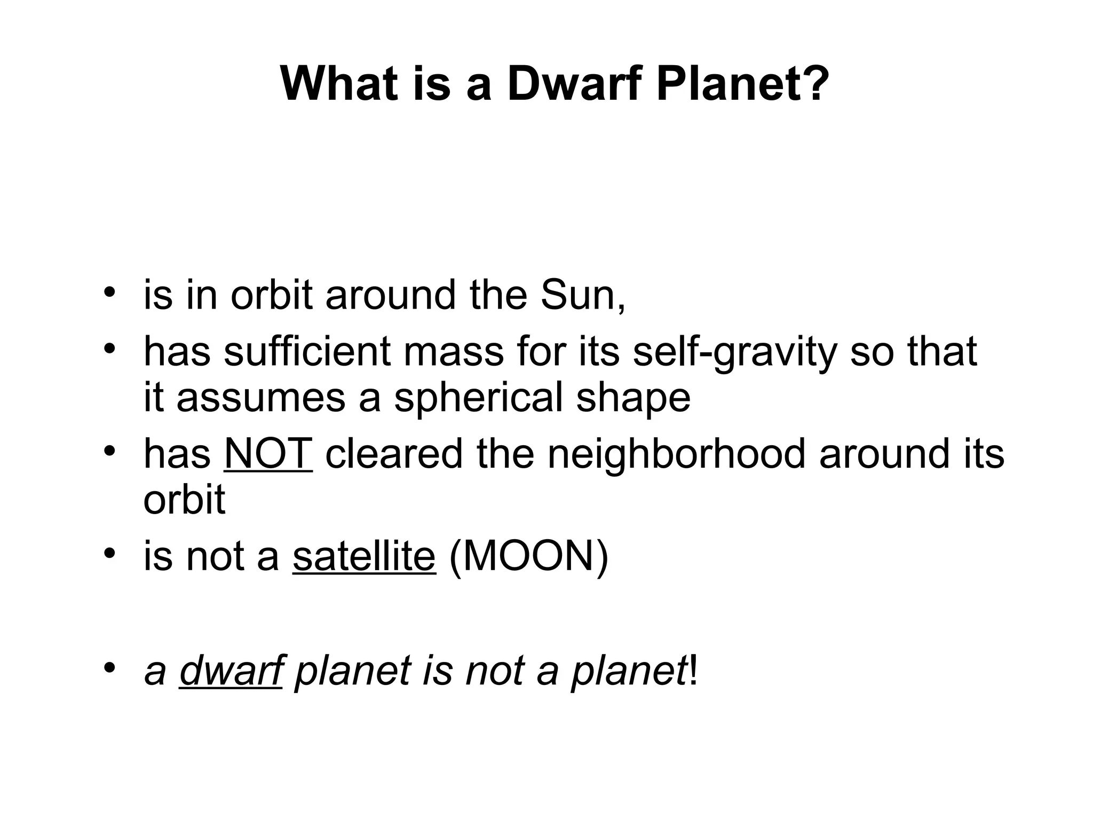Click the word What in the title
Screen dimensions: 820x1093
(x=339, y=84)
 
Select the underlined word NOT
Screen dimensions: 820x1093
(x=268, y=454)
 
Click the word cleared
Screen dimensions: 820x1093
(x=394, y=454)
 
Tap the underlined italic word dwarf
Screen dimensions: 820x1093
(x=231, y=671)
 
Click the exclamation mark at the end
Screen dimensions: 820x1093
(x=693, y=671)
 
